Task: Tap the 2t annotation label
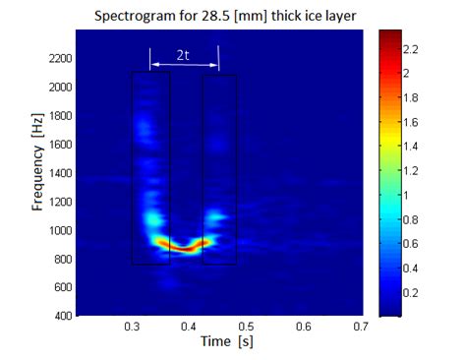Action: [x=184, y=56]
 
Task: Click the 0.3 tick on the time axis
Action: [x=132, y=327]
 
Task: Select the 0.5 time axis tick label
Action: [x=246, y=327]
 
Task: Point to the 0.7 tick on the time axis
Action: [x=361, y=327]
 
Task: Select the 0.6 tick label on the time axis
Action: [x=304, y=327]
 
